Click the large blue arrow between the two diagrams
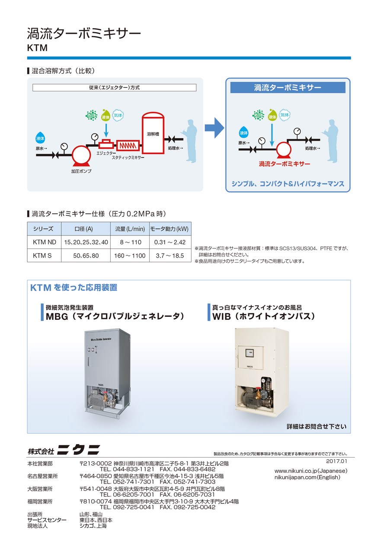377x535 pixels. pyautogui.click(x=214, y=128)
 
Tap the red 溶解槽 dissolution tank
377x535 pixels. pyautogui.click(x=153, y=133)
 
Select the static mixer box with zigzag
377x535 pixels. pyautogui.click(x=128, y=145)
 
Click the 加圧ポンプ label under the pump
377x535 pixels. pyautogui.click(x=81, y=171)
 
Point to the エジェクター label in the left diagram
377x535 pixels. pyautogui.click(x=106, y=153)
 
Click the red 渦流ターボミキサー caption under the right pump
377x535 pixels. pyautogui.click(x=284, y=164)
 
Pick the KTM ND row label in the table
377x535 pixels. pyautogui.click(x=45, y=242)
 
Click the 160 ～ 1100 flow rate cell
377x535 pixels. pyautogui.click(x=130, y=255)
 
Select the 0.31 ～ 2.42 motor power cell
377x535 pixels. pyautogui.click(x=170, y=242)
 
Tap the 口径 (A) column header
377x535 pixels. pyautogui.click(x=84, y=229)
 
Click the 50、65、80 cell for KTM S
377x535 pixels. pyautogui.click(x=86, y=255)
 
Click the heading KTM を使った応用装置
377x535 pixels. pyautogui.click(x=74, y=287)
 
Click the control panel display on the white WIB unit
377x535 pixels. pyautogui.click(x=249, y=353)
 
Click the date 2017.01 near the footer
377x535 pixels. pyautogui.click(x=336, y=461)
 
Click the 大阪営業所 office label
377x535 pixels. pyautogui.click(x=40, y=489)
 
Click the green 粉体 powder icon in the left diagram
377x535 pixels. pyautogui.click(x=91, y=116)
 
